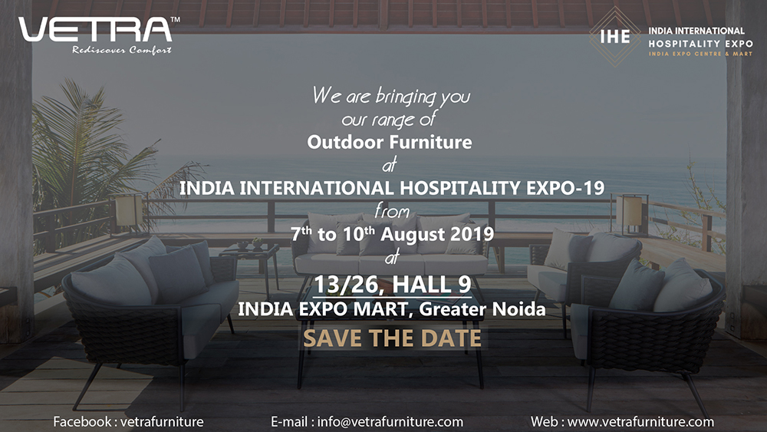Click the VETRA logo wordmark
95,30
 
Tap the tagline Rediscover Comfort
122,50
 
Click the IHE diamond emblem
614,36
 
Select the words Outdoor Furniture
390,142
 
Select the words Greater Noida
482,309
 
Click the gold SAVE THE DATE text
392,338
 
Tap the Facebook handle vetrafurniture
162,422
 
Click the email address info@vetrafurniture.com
390,422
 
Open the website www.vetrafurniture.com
640,422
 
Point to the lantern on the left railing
128,211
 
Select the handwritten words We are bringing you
391,97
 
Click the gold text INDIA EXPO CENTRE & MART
700,54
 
